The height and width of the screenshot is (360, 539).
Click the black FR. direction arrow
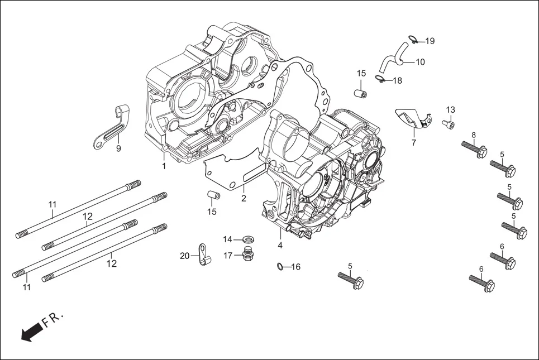click(x=31, y=332)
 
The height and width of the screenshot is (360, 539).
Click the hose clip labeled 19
click(x=413, y=39)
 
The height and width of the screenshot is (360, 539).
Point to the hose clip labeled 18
click(x=380, y=79)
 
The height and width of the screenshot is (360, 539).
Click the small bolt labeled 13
click(x=449, y=123)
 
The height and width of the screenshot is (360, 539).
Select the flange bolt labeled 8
click(x=474, y=148)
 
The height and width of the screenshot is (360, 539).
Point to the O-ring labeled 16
click(x=281, y=266)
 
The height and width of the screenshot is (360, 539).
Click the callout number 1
click(x=164, y=166)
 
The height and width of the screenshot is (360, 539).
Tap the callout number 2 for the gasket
click(x=244, y=198)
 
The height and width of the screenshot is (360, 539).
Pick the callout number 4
click(x=280, y=245)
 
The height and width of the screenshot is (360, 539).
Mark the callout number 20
click(x=185, y=256)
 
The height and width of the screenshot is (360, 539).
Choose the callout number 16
click(x=295, y=267)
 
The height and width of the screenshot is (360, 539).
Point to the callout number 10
click(x=420, y=62)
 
